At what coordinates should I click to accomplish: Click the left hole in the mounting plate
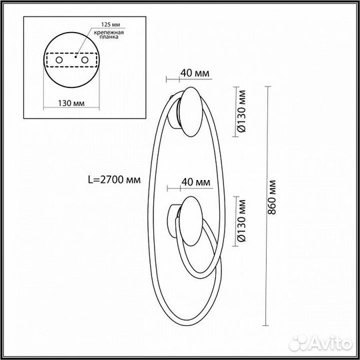[x=58, y=61]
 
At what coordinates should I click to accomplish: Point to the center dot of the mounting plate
[x=77, y=59]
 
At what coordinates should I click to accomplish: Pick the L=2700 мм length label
[x=115, y=179]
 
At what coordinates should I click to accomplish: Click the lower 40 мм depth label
[x=196, y=182]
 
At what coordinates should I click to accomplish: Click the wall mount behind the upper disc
[x=175, y=110]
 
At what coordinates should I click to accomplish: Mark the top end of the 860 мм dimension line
[x=266, y=85]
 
